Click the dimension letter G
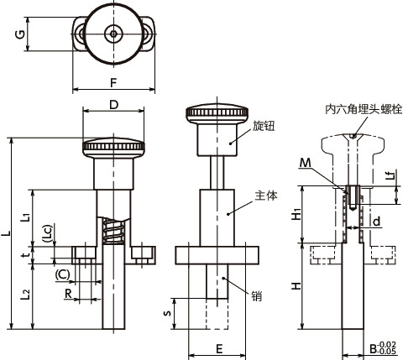(x=20, y=34)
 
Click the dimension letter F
(x=113, y=83)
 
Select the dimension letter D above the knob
(x=114, y=105)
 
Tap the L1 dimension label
(x=25, y=217)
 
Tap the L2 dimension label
(x=25, y=295)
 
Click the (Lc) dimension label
(x=48, y=233)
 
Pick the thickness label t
(x=26, y=254)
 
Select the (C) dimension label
(x=62, y=274)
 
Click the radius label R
(x=68, y=294)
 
